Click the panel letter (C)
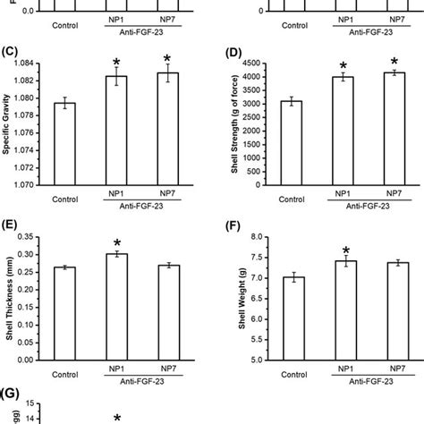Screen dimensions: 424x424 click(12, 51)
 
